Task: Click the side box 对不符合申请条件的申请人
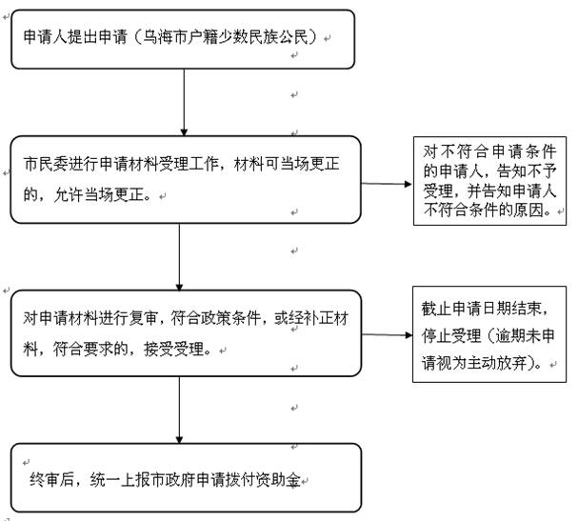coord(490,182)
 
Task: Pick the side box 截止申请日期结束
coord(490,335)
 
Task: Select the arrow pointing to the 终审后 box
coord(179,410)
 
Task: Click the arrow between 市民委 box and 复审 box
coord(179,252)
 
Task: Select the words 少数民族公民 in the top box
coord(270,38)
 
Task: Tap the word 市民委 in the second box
coord(45,163)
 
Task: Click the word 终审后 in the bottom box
coord(50,477)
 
